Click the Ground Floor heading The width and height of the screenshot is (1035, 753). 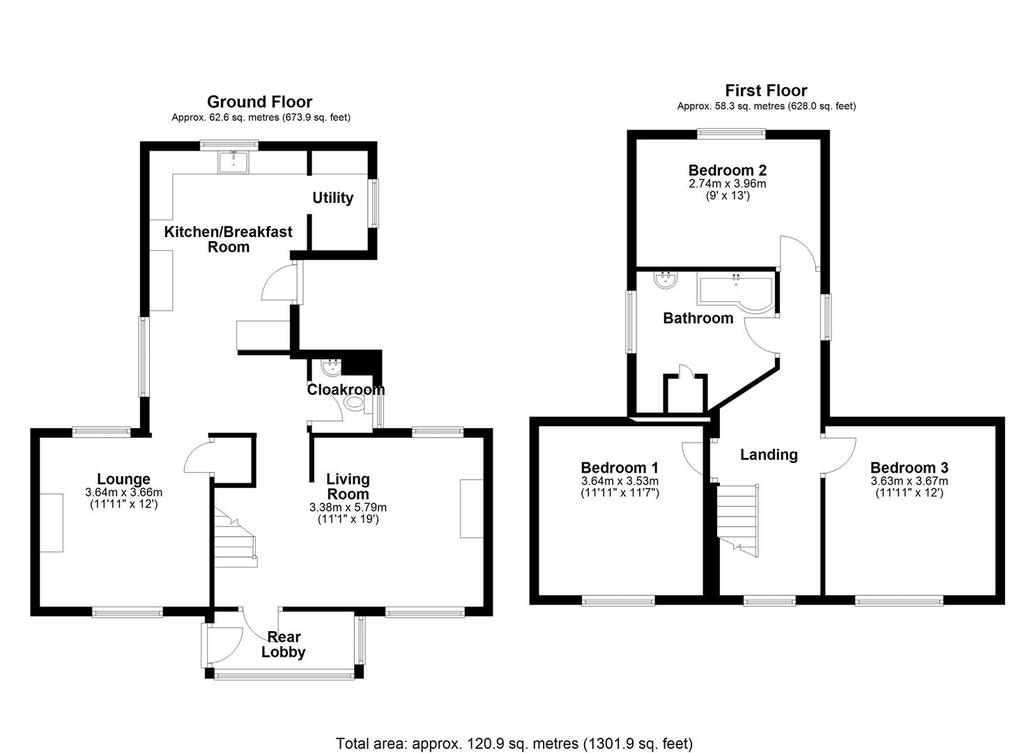(x=259, y=102)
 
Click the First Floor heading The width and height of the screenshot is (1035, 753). (x=766, y=90)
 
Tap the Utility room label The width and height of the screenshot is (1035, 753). (x=332, y=198)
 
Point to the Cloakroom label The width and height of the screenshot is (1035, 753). (x=346, y=389)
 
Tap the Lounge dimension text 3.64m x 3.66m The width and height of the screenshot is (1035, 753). (x=123, y=492)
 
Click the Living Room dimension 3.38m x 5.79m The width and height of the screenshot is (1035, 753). (x=348, y=507)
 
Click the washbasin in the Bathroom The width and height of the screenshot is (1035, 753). (x=666, y=280)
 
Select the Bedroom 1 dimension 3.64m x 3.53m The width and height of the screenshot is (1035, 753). (x=620, y=481)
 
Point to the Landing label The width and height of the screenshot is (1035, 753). (x=768, y=455)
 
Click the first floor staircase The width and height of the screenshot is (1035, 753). (x=737, y=516)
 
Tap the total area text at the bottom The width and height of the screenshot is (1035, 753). (x=514, y=743)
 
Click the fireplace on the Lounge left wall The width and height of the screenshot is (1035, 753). (x=51, y=522)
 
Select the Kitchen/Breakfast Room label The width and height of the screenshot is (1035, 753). (x=228, y=239)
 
